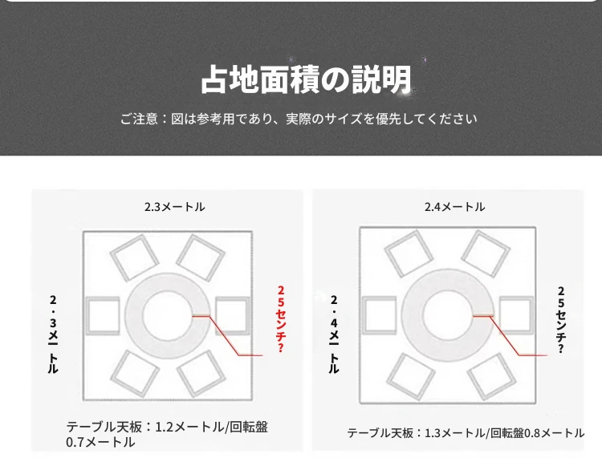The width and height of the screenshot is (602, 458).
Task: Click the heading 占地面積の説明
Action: coord(306,79)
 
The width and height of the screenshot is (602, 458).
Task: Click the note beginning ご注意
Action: coord(299,119)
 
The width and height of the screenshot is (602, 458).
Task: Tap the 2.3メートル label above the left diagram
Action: coord(175,207)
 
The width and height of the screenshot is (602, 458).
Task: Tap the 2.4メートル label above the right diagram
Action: coord(454,207)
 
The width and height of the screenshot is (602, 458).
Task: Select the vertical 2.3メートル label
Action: coord(53,334)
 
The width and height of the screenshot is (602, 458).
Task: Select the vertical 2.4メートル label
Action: coord(334,334)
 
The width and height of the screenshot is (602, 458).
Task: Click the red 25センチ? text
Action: coord(281,318)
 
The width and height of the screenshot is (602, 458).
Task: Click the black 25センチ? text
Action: coord(561,320)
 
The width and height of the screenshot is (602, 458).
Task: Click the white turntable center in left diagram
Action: coord(167,316)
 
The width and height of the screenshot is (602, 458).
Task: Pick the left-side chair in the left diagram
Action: coord(103,316)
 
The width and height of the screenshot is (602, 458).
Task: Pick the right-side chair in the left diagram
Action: coord(232,316)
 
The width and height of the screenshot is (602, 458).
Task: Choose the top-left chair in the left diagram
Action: coord(134,257)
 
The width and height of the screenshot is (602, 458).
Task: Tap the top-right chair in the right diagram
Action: coord(486,253)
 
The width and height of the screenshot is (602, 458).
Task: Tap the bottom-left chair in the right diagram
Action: coord(410,377)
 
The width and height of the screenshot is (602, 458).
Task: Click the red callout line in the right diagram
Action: coord(505,335)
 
